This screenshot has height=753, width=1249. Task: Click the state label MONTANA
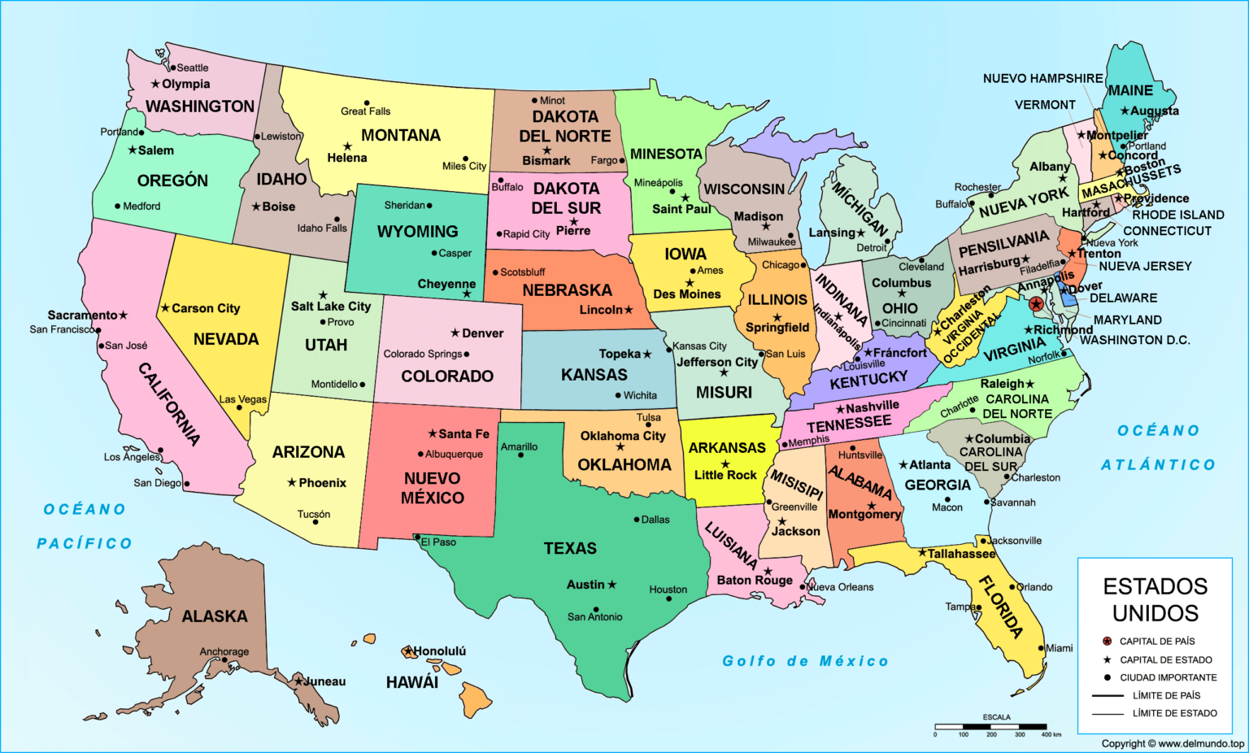(x=400, y=135)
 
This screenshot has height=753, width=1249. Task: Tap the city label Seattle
(x=193, y=67)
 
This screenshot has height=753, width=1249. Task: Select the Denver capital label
(x=482, y=333)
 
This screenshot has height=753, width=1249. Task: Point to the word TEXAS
(x=570, y=548)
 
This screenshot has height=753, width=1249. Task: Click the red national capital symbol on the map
(x=1036, y=304)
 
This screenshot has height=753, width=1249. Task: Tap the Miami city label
(x=1059, y=648)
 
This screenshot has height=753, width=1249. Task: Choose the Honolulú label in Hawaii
(x=440, y=651)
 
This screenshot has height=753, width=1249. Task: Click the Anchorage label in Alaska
(x=224, y=651)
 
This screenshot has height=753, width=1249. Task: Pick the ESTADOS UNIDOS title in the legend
(x=1155, y=599)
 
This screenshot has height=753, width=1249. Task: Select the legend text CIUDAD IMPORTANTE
(x=1168, y=677)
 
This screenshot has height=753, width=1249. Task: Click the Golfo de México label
(x=805, y=661)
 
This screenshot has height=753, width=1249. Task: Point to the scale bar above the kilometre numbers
(x=990, y=726)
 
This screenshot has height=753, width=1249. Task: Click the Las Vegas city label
(x=243, y=399)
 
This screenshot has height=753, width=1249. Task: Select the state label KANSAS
(x=594, y=374)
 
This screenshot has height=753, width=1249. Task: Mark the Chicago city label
(x=781, y=265)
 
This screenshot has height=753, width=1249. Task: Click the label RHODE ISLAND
(x=1177, y=215)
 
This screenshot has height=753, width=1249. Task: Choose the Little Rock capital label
(x=725, y=474)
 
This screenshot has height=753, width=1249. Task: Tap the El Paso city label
(x=438, y=542)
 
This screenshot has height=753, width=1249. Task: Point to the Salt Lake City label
(x=331, y=306)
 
